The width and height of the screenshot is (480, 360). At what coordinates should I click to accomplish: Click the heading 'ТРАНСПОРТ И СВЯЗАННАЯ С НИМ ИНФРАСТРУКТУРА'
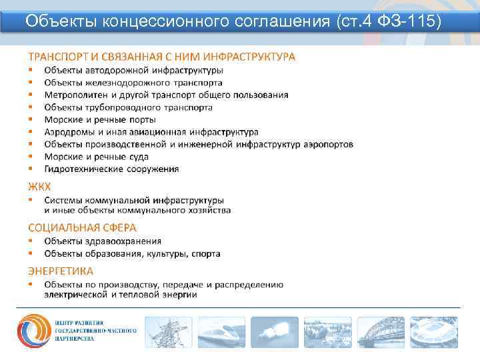161,57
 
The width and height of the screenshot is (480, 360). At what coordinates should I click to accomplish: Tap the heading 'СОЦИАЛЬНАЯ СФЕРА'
82,227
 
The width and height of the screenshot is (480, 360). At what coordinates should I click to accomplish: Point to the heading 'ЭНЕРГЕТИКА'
61,271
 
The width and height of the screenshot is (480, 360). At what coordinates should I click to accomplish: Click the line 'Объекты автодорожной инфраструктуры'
134,70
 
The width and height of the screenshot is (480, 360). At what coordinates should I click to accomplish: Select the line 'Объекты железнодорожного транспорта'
133,83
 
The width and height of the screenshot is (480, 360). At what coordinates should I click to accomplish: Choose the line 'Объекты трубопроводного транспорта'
129,107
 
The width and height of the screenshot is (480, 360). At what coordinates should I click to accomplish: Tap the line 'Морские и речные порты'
100,119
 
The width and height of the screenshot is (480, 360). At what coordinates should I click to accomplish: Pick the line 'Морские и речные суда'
97,157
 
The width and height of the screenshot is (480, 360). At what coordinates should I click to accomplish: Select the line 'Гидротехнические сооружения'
111,169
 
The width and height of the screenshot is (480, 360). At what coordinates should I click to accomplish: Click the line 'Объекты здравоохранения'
103,241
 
